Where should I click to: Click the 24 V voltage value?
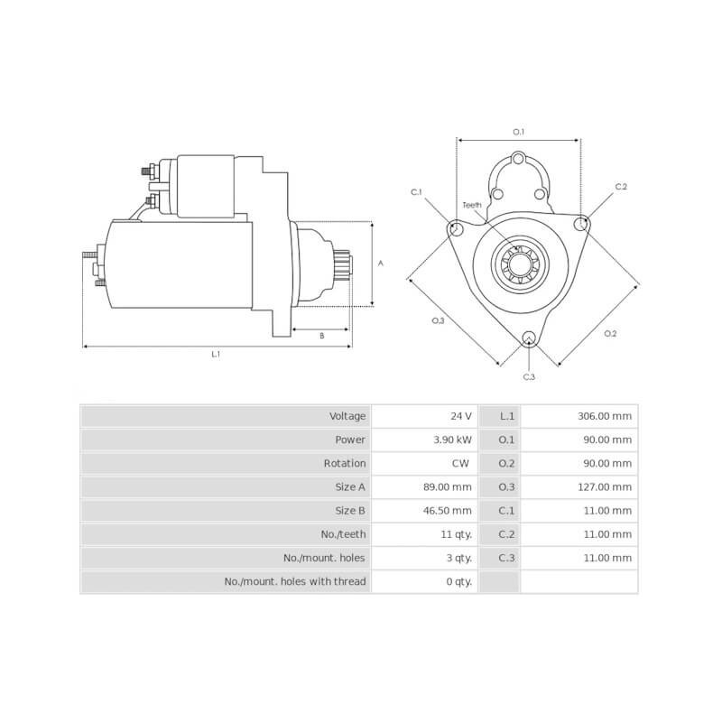click(x=461, y=416)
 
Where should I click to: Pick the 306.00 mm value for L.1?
click(x=605, y=416)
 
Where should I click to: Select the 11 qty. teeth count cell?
click(x=456, y=533)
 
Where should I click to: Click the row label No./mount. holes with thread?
click(x=295, y=581)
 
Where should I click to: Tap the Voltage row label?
click(x=347, y=416)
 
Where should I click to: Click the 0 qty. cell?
click(x=458, y=581)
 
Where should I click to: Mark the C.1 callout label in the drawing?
click(x=416, y=192)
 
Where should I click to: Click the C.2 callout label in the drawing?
click(x=621, y=187)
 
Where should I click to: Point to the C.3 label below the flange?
click(x=529, y=375)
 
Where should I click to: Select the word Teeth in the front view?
click(x=472, y=205)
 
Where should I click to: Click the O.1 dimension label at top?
click(x=519, y=132)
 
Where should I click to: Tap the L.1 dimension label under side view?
click(x=216, y=355)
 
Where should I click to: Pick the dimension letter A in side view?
click(x=380, y=264)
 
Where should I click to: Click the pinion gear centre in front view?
click(x=518, y=264)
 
